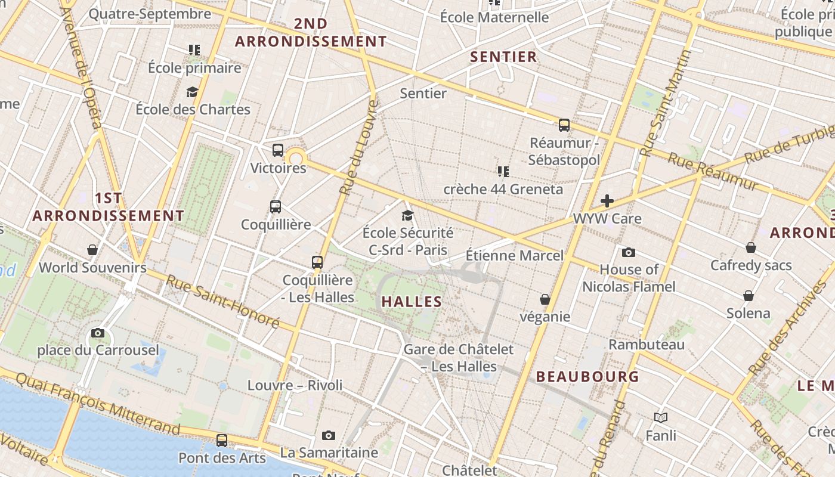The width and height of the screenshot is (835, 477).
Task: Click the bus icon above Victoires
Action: click(278, 150)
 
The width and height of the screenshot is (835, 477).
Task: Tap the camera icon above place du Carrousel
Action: click(98, 333)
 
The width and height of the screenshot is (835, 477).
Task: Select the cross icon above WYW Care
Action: click(607, 201)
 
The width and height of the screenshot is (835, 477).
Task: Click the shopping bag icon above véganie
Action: click(545, 299)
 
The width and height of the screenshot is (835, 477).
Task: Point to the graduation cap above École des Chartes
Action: click(192, 92)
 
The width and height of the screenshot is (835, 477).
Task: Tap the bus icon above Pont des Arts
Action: click(222, 441)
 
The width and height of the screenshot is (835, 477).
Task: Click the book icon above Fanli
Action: click(661, 418)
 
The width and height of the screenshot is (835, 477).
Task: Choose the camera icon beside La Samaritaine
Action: click(328, 436)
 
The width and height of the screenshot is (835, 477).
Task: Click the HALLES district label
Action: click(412, 302)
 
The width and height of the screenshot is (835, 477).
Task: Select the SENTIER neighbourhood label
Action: click(504, 57)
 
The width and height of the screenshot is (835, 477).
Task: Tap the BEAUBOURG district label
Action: click(587, 377)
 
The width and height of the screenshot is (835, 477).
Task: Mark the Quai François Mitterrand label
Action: click(98, 403)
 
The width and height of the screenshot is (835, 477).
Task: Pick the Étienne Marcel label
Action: click(514, 256)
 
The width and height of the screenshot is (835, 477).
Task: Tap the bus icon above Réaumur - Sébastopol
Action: click(564, 125)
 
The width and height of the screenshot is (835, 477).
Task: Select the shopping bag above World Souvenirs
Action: click(92, 249)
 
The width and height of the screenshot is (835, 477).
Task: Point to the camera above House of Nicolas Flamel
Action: click(628, 252)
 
